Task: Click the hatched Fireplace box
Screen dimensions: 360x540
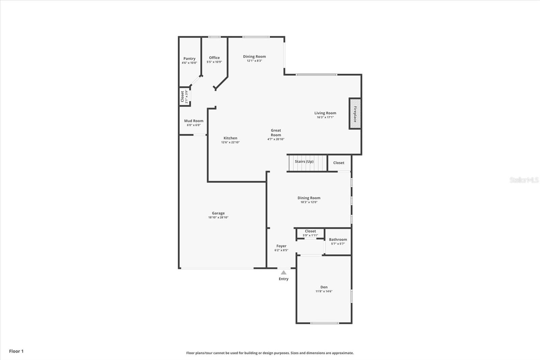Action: (355, 114)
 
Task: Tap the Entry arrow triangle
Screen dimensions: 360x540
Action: (283, 273)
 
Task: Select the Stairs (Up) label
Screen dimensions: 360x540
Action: (304, 161)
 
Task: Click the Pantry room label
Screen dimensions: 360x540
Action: (189, 58)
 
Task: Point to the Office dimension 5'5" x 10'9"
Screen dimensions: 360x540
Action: (214, 62)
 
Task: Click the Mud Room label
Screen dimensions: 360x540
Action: (194, 121)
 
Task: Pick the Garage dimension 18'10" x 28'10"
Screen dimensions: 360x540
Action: (218, 217)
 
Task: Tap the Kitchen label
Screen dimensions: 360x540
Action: (230, 138)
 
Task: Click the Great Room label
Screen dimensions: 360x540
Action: (276, 132)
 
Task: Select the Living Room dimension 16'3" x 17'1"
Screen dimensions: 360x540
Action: (325, 118)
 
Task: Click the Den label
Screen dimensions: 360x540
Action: (324, 287)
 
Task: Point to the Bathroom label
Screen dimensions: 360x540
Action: (338, 239)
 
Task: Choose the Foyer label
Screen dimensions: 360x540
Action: (281, 246)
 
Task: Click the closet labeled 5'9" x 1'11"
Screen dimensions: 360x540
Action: (310, 233)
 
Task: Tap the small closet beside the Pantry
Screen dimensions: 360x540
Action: (184, 97)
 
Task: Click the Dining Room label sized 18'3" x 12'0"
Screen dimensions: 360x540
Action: (309, 198)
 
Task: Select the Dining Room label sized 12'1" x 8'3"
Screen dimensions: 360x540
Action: (254, 56)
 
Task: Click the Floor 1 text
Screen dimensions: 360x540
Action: (16, 351)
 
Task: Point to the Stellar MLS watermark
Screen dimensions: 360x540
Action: (524, 180)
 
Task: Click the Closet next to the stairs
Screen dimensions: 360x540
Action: (339, 163)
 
